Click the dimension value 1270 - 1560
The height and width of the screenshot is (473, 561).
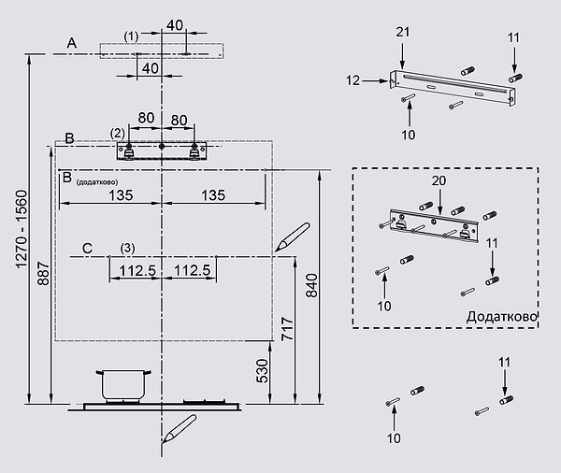21,228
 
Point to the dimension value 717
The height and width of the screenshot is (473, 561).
288,328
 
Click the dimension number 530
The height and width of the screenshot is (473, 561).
263,371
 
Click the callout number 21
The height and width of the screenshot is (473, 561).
403,33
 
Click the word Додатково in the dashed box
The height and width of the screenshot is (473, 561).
501,317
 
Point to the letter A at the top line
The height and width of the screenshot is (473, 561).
71,42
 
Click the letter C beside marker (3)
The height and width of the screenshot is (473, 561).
86,248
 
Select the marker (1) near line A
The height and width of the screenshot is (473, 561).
131,36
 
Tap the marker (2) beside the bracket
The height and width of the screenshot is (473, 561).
117,133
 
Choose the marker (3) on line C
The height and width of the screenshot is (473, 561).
127,248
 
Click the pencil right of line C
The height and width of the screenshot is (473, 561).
292,237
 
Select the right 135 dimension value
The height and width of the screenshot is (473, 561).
212,195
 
